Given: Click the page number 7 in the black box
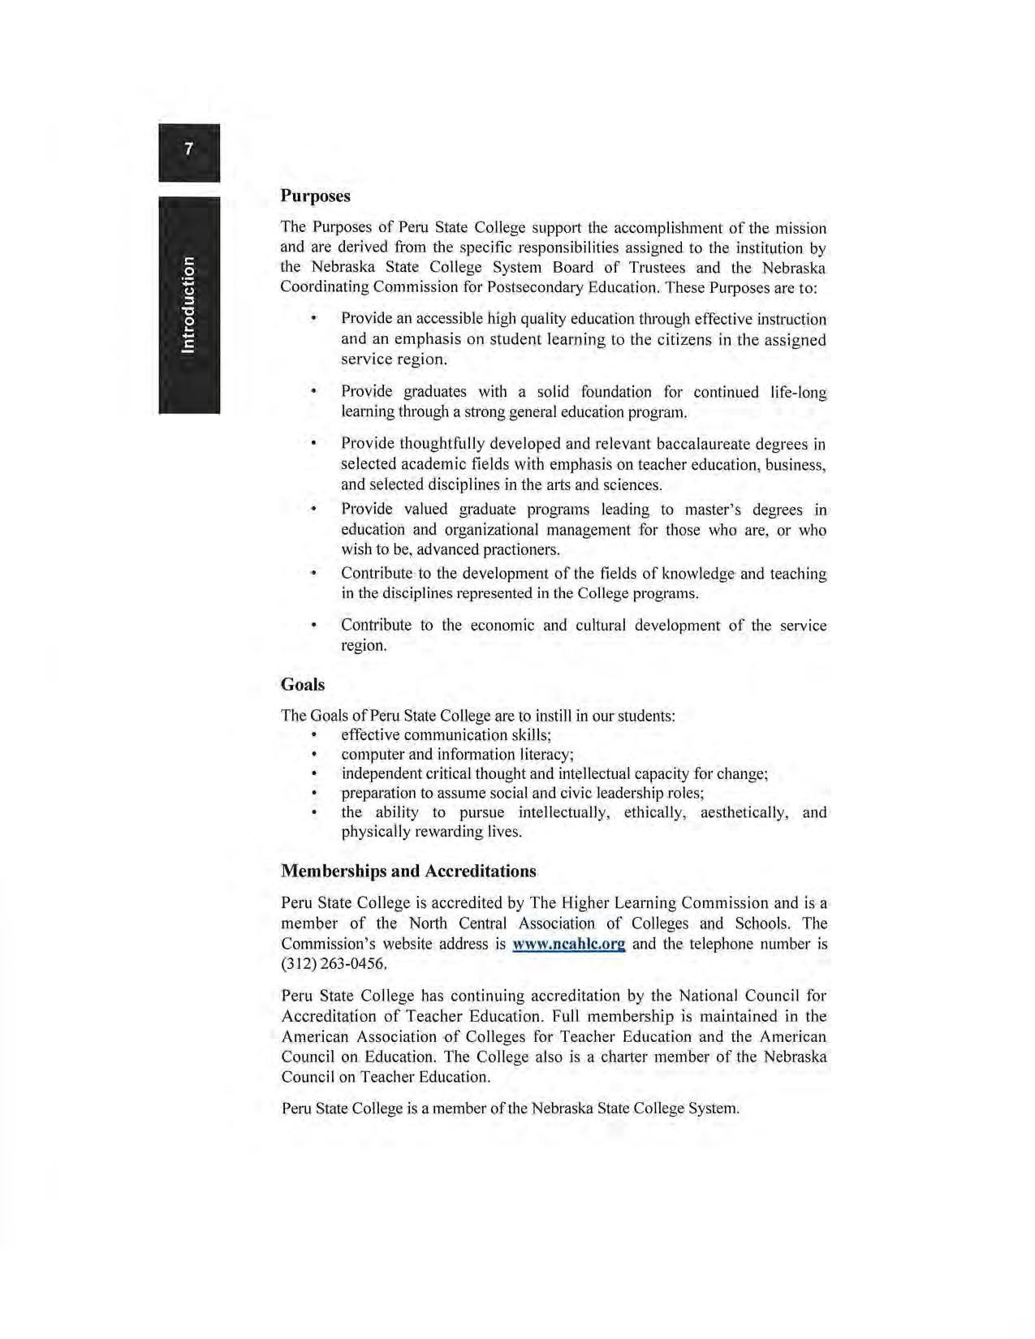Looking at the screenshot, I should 189,149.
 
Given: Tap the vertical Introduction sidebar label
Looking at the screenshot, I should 189,304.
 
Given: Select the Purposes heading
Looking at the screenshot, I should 315,196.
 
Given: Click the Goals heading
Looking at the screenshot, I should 303,684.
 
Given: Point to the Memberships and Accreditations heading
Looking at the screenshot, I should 408,871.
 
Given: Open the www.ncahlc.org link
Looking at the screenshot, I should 568,944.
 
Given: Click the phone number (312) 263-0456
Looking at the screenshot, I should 334,964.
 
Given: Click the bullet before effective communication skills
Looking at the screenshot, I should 313,735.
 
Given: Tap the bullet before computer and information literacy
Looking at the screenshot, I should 313,755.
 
